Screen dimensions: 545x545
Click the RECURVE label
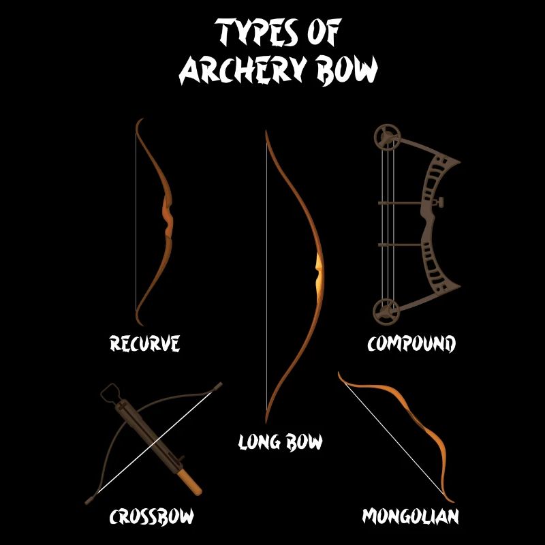pyautogui.click(x=145, y=343)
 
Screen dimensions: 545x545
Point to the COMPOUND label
pyautogui.click(x=411, y=343)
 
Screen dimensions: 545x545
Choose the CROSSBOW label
pyautogui.click(x=152, y=516)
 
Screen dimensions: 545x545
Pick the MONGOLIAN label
pyautogui.click(x=410, y=516)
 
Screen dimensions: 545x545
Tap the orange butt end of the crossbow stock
pyautogui.click(x=193, y=487)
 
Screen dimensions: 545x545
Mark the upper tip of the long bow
pyautogui.click(x=266, y=131)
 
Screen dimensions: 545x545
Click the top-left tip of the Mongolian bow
pyautogui.click(x=340, y=374)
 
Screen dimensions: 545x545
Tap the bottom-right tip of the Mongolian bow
pyautogui.click(x=448, y=500)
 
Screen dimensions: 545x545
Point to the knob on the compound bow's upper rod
pyautogui.click(x=441, y=202)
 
